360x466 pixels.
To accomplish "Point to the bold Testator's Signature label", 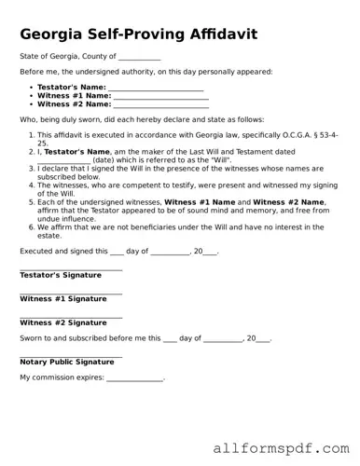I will point(61,276).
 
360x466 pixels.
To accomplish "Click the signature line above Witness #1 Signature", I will point(71,293).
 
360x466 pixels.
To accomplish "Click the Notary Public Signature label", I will point(67,362).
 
